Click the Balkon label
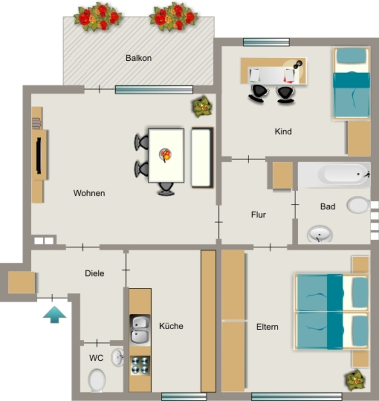138,58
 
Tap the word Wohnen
89,193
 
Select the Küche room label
171,326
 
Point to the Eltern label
267,327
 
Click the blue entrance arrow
54,314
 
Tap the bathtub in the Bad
334,174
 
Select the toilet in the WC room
97,380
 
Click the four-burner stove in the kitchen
140,365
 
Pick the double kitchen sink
140,330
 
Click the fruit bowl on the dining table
165,155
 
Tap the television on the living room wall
39,156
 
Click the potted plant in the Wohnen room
202,107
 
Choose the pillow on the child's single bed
351,56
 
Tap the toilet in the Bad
359,205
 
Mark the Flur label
258,215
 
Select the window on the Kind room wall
266,42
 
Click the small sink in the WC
118,357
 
